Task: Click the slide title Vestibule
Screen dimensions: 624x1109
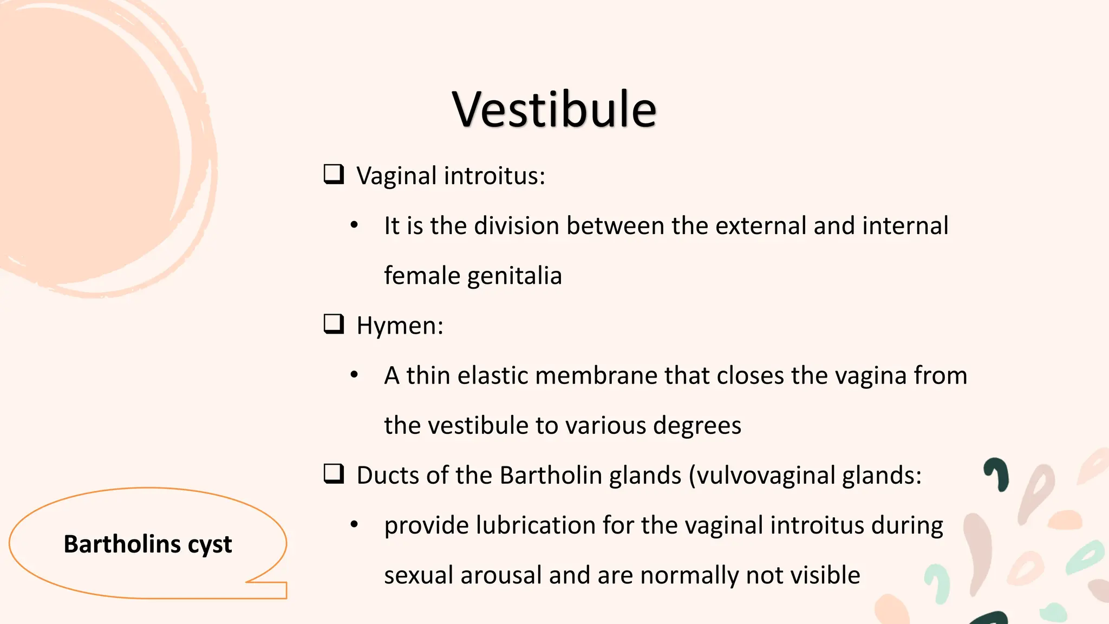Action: point(554,110)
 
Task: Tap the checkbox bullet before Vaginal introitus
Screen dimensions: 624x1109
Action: point(334,174)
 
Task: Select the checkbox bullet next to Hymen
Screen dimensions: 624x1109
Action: point(334,324)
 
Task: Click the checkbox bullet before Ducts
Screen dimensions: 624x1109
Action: point(334,474)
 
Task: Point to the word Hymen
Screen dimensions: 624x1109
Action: point(400,326)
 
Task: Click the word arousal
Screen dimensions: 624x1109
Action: point(501,575)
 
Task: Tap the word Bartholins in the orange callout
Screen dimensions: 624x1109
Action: point(122,544)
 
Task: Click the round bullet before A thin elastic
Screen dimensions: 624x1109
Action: point(354,375)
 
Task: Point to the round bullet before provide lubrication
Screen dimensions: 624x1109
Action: point(354,524)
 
